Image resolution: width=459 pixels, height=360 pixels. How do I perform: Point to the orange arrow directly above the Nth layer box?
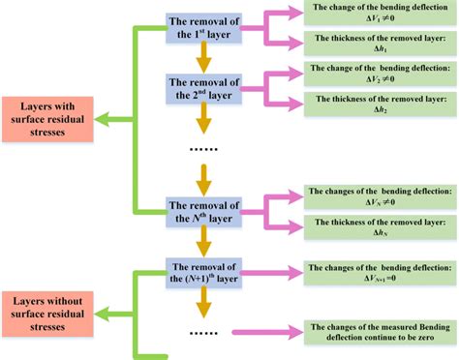[x=202, y=178]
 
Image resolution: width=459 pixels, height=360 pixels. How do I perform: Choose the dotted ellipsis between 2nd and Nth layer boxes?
[x=202, y=149]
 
